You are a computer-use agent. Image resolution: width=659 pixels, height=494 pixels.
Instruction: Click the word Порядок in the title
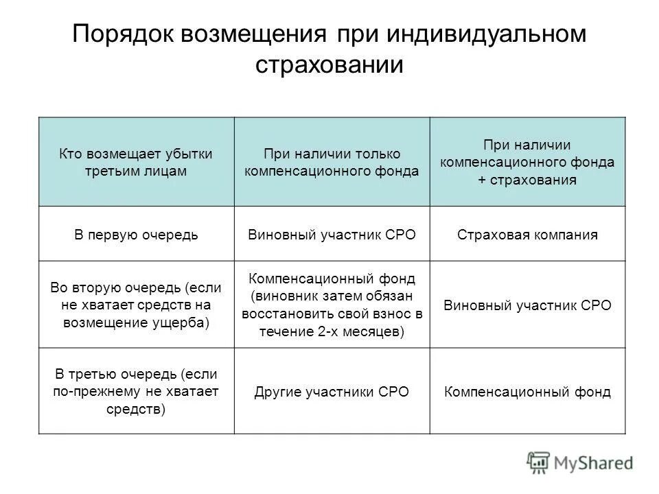(x=122, y=35)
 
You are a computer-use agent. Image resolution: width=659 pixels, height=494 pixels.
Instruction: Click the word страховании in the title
(x=329, y=65)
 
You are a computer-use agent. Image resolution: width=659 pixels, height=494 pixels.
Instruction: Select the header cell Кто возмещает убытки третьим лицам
(x=136, y=162)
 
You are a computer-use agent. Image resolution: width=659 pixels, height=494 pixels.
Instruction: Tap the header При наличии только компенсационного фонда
(x=332, y=163)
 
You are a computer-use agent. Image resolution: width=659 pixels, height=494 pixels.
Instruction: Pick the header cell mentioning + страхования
(x=528, y=162)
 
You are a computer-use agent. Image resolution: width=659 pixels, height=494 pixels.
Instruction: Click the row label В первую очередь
(x=136, y=235)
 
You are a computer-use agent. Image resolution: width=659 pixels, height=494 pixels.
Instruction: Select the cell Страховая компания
(x=528, y=235)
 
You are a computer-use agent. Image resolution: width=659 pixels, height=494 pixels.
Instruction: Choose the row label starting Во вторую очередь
(x=136, y=305)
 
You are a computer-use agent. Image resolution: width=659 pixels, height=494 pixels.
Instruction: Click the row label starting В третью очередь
(x=136, y=392)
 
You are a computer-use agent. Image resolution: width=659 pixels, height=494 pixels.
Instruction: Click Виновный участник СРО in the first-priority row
(x=332, y=235)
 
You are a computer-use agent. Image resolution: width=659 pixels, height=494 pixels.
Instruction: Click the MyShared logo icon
(x=538, y=462)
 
